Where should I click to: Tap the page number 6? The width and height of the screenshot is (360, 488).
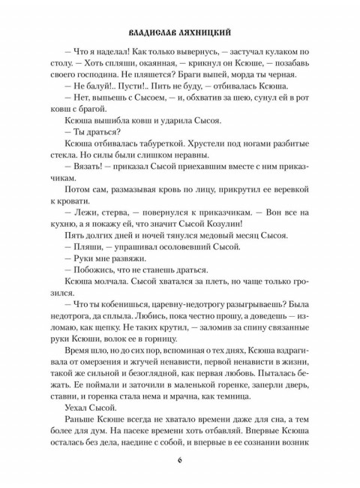click(180, 459)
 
